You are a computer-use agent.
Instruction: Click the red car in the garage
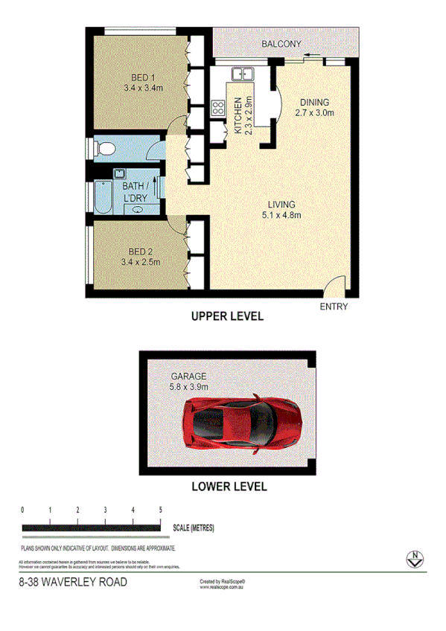(245, 422)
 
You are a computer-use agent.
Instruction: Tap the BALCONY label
(281, 45)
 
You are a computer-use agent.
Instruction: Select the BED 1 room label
(142, 77)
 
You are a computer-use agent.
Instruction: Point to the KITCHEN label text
(239, 115)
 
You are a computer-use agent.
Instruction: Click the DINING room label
(313, 103)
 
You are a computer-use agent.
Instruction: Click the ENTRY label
(333, 307)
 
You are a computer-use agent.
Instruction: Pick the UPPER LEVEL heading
(227, 316)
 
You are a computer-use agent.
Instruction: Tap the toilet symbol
(103, 147)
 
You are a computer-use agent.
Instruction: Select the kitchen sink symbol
(243, 74)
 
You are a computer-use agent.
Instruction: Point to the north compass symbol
(412, 558)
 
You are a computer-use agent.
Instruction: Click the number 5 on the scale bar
(161, 510)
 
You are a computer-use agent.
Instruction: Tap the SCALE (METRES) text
(193, 528)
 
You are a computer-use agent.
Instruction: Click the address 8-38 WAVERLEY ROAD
(72, 582)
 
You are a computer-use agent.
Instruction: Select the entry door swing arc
(336, 284)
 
